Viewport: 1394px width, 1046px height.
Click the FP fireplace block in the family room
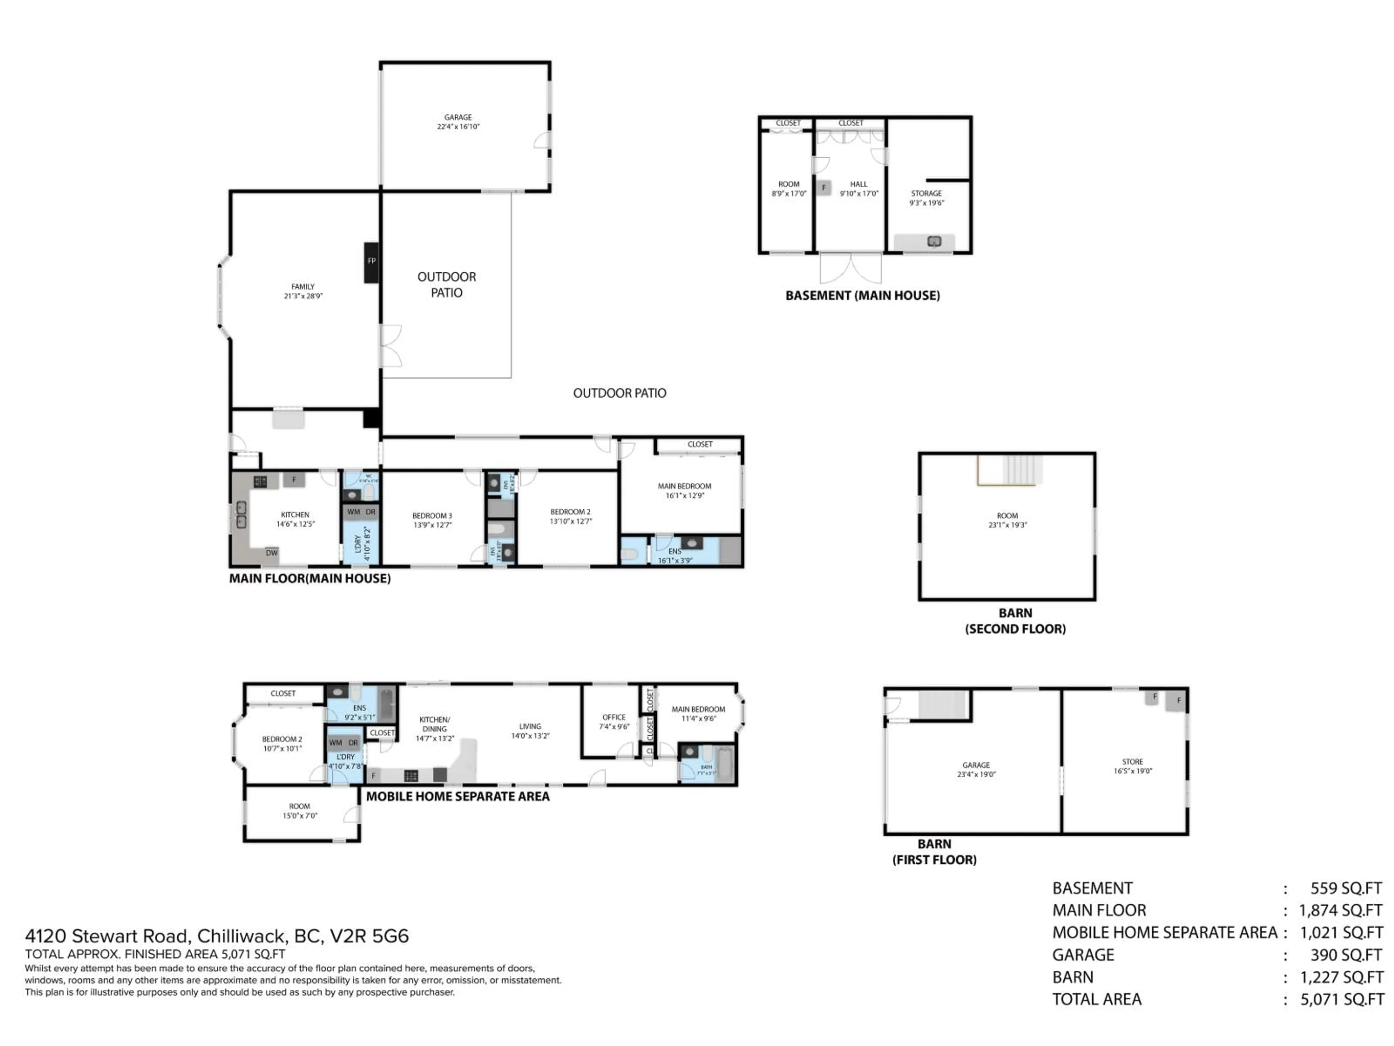click(x=371, y=261)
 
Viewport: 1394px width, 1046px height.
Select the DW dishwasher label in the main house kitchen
click(x=272, y=553)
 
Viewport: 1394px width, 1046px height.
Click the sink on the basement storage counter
click(x=934, y=242)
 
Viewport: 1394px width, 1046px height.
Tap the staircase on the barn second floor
click(x=1021, y=470)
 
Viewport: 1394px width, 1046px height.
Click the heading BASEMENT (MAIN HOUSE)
click(x=862, y=296)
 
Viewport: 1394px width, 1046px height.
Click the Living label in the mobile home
click(x=530, y=726)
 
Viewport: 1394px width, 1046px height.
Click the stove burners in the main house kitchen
click(x=260, y=482)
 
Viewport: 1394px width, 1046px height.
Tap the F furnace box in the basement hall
click(x=823, y=188)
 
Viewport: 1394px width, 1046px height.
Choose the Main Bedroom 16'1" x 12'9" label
click(x=684, y=491)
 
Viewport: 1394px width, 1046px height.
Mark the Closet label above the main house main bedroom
click(x=700, y=445)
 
